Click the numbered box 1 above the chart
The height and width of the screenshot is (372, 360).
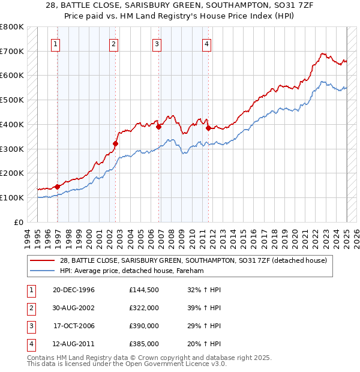(x=55, y=43)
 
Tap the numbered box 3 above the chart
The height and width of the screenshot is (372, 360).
(x=156, y=43)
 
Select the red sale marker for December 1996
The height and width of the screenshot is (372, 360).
(x=58, y=187)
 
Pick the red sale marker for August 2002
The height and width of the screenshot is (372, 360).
(x=116, y=143)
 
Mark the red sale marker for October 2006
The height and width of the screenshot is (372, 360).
(x=159, y=127)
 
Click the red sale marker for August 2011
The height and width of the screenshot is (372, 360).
(x=208, y=128)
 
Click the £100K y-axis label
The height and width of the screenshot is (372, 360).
(x=12, y=197)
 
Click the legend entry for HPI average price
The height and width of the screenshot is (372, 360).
(x=132, y=271)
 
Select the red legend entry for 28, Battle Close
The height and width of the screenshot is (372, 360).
(x=193, y=260)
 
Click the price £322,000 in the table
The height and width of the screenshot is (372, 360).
(x=144, y=308)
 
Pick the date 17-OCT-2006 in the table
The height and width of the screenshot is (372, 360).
(x=74, y=326)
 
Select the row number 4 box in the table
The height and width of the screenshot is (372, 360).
(x=29, y=344)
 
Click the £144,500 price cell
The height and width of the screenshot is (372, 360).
(x=144, y=290)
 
